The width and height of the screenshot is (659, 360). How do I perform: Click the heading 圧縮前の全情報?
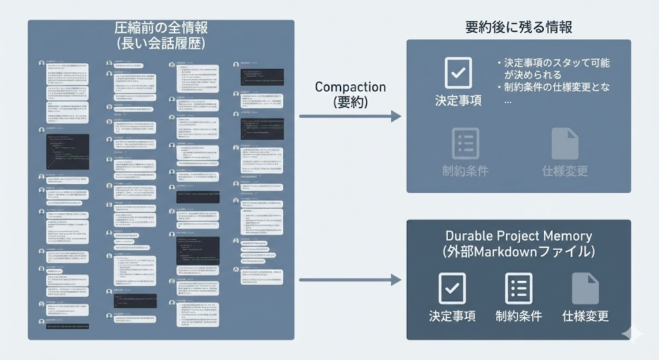tap(161, 28)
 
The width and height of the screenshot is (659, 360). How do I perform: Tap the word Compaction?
tap(351, 86)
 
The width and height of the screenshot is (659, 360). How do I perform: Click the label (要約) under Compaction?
tap(351, 102)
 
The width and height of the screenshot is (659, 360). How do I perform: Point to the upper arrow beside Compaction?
tap(350, 117)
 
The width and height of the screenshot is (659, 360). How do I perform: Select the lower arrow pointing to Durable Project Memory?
tap(350, 280)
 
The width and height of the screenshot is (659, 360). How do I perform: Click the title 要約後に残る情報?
tap(519, 27)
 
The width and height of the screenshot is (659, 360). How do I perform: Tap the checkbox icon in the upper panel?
tap(458, 73)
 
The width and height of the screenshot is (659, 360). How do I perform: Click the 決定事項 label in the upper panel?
tap(458, 101)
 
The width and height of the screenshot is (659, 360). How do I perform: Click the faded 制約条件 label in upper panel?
tap(465, 171)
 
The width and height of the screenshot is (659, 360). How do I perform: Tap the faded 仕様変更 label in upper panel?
tap(565, 171)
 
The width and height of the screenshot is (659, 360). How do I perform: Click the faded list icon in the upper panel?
tap(465, 143)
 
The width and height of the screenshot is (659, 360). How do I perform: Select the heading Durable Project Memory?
tap(519, 236)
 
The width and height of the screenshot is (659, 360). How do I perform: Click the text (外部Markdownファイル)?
tap(519, 252)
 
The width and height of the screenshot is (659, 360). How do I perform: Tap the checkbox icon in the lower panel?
tap(452, 288)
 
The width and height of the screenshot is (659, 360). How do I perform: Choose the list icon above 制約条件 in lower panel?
tap(519, 288)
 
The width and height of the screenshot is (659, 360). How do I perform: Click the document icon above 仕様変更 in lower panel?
tap(585, 288)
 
